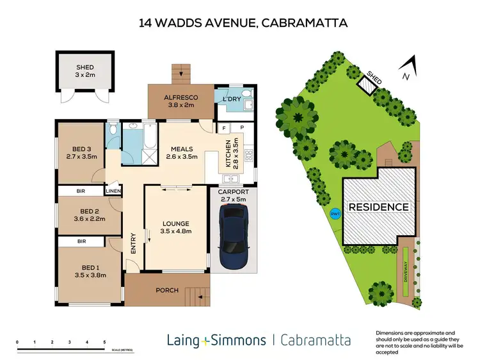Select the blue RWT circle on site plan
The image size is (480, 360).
click(334, 215)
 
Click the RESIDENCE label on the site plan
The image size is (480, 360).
click(378, 207)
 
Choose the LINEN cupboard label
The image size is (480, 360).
click(113, 191)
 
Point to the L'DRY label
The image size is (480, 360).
click(230, 99)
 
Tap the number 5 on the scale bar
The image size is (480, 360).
click(104, 343)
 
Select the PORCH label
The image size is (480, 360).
click(167, 291)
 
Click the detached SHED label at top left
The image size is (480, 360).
click(85, 67)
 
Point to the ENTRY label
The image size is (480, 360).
click(133, 244)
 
